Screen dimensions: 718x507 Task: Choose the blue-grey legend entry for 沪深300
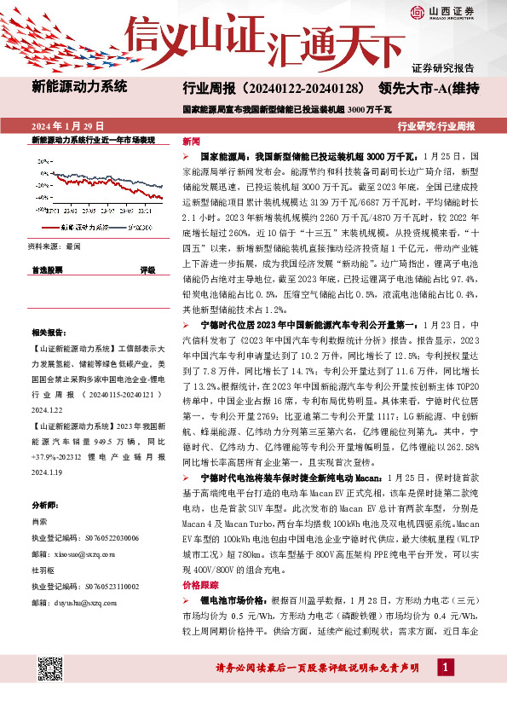pyautogui.click(x=136, y=228)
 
